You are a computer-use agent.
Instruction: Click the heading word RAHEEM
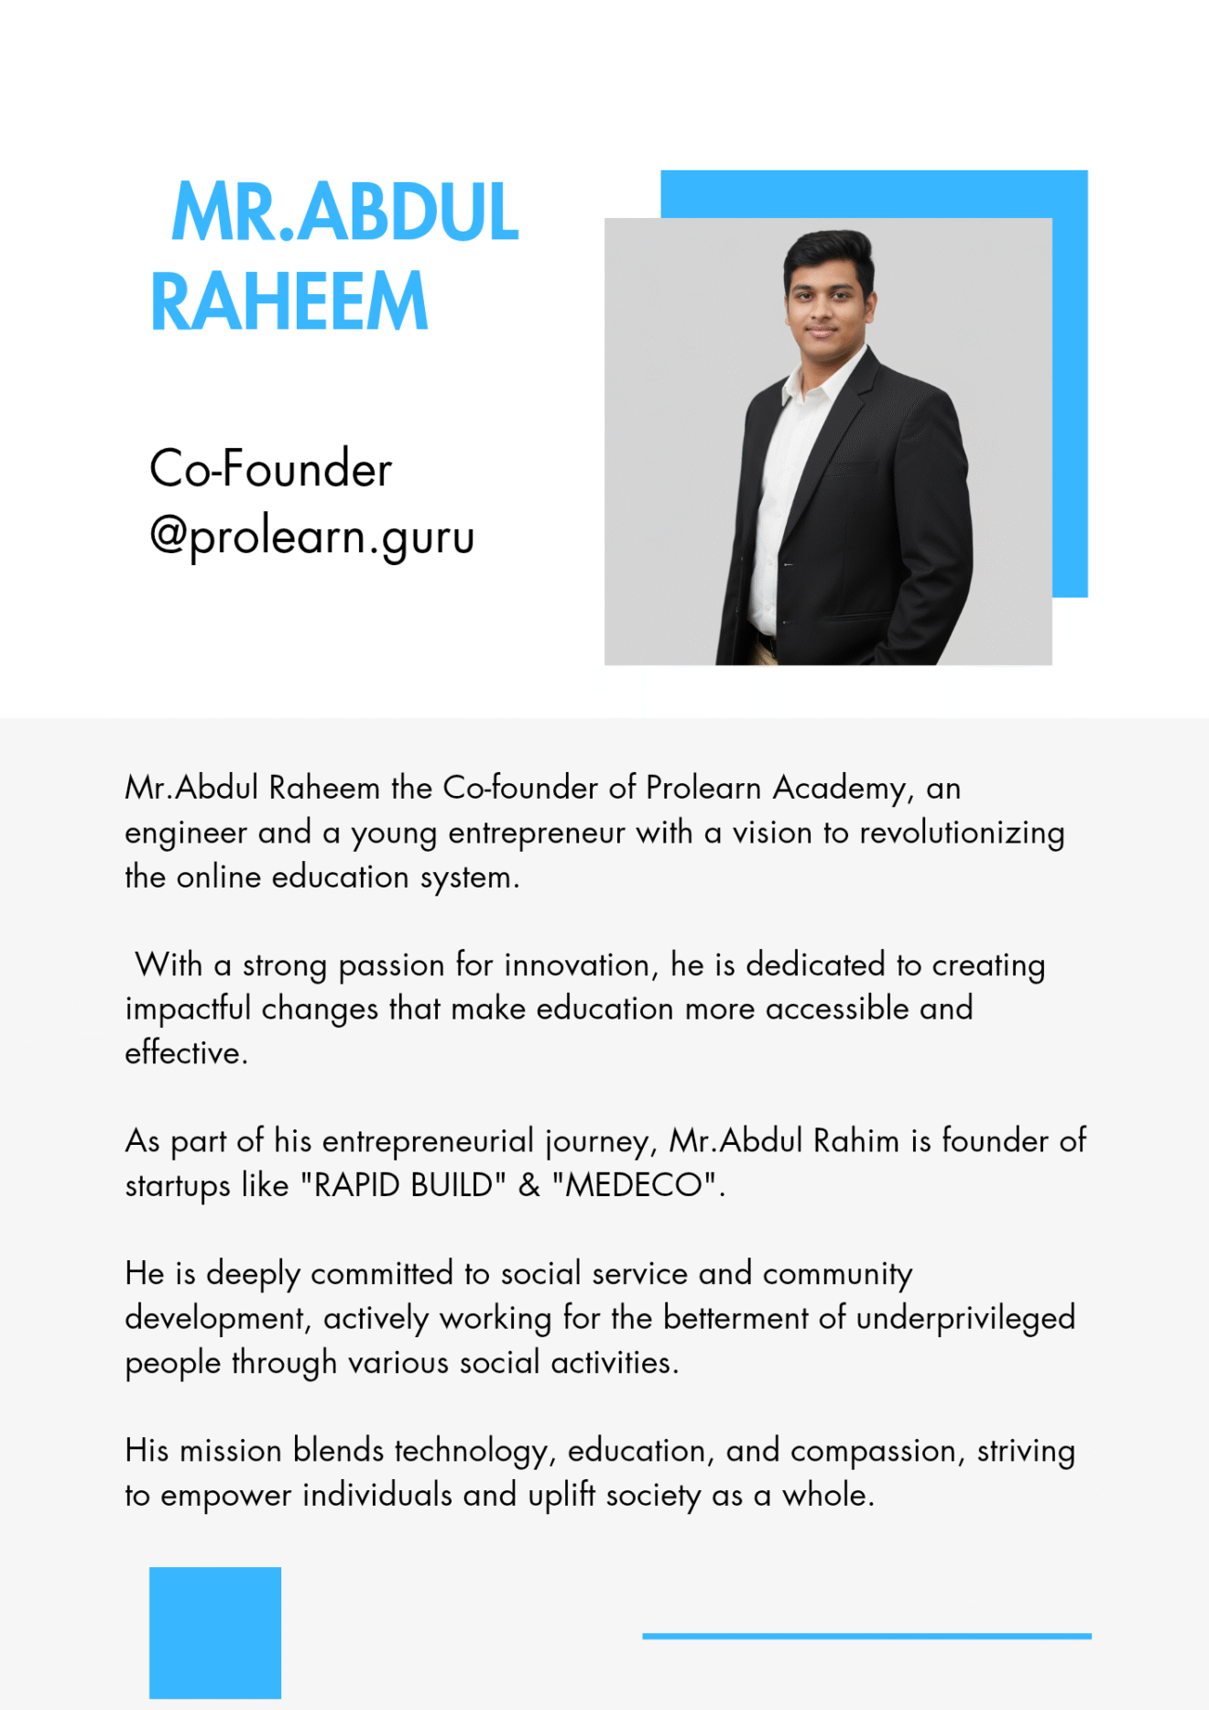click(x=289, y=301)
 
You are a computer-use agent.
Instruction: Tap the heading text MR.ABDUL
click(x=345, y=212)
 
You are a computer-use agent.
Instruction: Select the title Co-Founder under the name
click(x=270, y=469)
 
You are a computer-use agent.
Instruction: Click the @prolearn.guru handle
click(x=311, y=536)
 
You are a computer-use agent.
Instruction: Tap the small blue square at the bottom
click(x=215, y=1632)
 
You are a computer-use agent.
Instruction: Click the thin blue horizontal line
click(x=866, y=1635)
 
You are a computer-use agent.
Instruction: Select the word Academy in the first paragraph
click(x=843, y=789)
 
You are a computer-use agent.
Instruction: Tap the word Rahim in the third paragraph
click(x=856, y=1141)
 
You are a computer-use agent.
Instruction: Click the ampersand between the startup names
click(x=529, y=1185)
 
